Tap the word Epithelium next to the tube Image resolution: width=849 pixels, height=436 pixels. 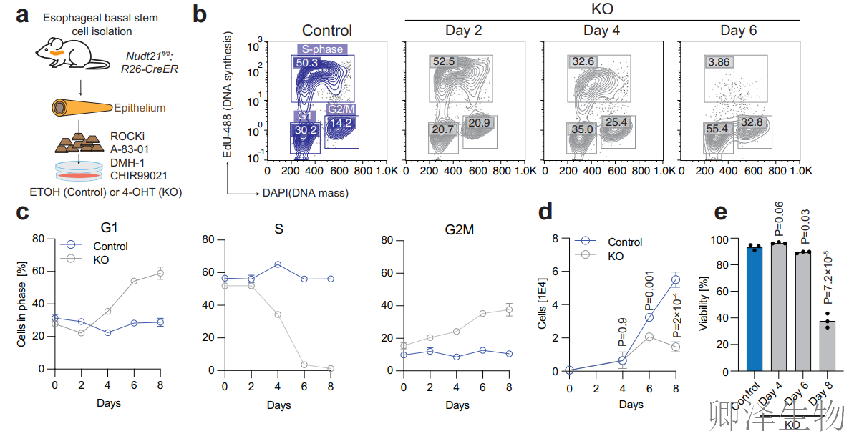pos(139,108)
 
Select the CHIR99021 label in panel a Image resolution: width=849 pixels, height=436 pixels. pos(139,176)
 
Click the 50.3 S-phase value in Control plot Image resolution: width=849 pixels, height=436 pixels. pos(306,63)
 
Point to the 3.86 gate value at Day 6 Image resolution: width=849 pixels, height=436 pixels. pos(719,62)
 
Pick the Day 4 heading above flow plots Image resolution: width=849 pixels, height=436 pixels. pos(601,31)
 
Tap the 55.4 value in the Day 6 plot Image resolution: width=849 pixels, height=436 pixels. pos(717,129)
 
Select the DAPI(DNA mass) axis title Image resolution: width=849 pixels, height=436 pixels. pos(306,193)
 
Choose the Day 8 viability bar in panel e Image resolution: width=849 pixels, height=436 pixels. pos(827,346)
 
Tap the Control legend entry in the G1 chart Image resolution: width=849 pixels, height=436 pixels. pos(94,246)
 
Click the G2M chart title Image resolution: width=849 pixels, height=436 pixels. pos(459,230)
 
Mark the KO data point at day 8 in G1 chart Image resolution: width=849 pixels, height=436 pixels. pos(160,273)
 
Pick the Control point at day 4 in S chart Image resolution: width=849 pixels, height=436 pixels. pos(278,264)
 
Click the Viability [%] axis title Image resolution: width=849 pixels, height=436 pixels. pos(704,304)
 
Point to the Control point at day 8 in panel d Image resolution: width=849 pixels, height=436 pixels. pos(676,279)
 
